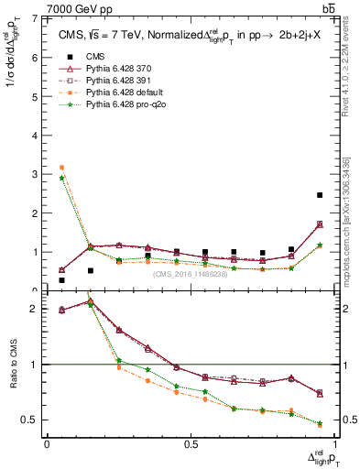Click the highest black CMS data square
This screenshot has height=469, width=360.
[x=319, y=195]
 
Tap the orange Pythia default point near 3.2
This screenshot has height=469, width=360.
[x=61, y=168]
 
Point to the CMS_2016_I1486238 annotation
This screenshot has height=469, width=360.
[x=190, y=274]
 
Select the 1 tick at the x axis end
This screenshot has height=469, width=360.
[x=333, y=444]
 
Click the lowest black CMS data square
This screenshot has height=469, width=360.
[x=61, y=280]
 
